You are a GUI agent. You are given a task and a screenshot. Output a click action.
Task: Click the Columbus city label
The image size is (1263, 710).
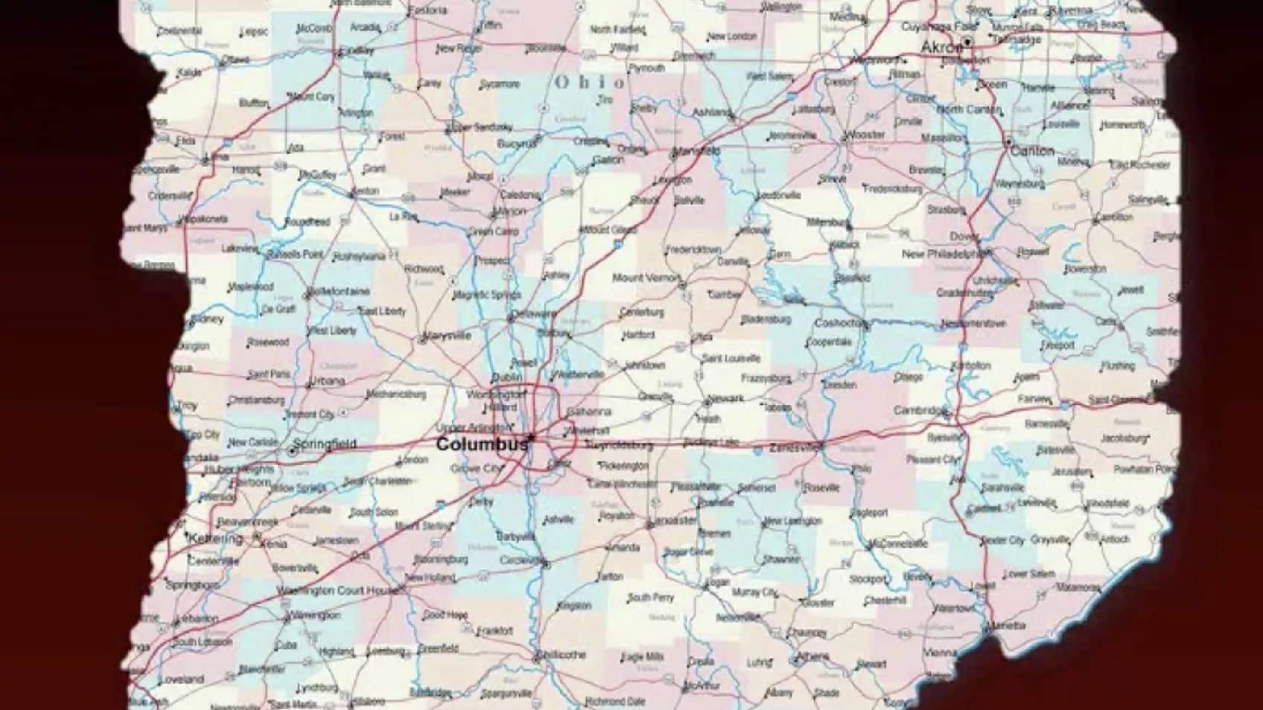pos(482,444)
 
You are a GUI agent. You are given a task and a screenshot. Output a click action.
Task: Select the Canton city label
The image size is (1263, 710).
pos(1032,150)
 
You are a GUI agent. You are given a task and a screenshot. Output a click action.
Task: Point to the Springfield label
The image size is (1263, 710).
pos(325,444)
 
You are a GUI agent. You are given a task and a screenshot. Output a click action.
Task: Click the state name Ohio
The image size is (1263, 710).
pos(590,82)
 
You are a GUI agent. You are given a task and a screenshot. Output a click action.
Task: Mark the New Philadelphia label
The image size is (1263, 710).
pos(945,254)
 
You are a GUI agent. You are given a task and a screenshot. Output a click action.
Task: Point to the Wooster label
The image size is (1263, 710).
pos(867,135)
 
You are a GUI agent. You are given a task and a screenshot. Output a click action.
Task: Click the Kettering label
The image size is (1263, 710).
pos(216,537)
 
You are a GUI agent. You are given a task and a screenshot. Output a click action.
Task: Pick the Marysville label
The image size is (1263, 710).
pos(448,336)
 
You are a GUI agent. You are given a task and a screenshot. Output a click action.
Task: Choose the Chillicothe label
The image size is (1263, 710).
pos(563,655)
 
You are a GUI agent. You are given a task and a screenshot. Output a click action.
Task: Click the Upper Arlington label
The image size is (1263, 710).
pos(474,427)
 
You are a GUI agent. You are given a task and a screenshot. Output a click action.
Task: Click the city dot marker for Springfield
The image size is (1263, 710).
pos(292,451)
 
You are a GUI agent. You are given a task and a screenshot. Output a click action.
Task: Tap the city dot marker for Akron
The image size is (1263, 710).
pos(967,42)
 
